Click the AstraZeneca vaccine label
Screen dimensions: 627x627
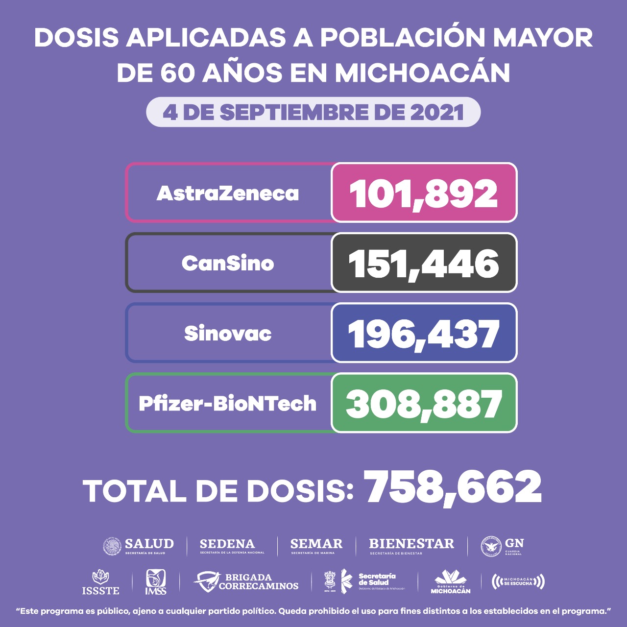coord(228,193)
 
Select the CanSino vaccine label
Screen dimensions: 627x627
coord(228,264)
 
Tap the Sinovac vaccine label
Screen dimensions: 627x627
coord(228,334)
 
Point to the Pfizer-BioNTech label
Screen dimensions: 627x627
coord(228,404)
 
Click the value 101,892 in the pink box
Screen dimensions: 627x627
coord(424,193)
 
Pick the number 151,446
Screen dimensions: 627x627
coord(424,264)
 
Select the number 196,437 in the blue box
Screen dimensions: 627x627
coord(424,334)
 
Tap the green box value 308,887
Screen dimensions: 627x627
coord(424,404)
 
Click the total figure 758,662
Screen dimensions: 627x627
coord(453,487)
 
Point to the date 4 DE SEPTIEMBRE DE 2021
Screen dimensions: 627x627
coord(313,112)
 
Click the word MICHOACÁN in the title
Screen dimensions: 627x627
coord(422,73)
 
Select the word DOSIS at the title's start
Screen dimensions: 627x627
coord(76,38)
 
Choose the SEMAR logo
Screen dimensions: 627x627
coord(316,546)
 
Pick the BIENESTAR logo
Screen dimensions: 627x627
coord(411,546)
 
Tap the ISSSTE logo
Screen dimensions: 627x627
coord(100,582)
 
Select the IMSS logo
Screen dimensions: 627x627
coord(155,582)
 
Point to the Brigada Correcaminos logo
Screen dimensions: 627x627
coord(246,582)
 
